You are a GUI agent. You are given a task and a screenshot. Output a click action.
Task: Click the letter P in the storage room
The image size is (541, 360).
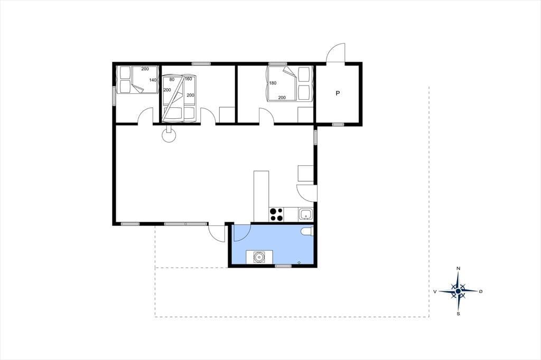click(x=338, y=93)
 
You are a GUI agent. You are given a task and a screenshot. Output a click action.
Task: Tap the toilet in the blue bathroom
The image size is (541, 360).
click(x=307, y=231)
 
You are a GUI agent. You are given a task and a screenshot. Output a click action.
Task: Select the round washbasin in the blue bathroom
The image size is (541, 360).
click(x=259, y=257)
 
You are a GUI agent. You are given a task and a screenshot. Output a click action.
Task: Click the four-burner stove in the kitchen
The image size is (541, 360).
click(x=276, y=214)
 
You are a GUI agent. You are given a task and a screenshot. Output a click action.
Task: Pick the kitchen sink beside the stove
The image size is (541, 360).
click(x=306, y=214)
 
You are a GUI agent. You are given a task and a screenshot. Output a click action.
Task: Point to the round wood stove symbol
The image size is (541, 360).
click(x=169, y=135)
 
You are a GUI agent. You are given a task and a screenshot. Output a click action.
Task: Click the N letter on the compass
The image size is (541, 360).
click(x=458, y=268)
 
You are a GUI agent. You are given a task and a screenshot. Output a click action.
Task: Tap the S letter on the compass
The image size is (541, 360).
click(x=458, y=314)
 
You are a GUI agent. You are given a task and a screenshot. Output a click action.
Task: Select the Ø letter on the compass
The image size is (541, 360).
click(x=481, y=291)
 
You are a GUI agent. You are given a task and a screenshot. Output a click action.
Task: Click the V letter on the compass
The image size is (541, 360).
click(x=435, y=291)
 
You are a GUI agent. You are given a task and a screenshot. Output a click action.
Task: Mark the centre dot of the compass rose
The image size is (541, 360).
click(x=458, y=291)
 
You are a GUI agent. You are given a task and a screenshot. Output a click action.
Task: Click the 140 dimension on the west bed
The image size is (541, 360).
click(x=153, y=80)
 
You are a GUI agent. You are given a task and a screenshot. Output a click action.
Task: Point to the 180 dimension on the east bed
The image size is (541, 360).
click(x=273, y=83)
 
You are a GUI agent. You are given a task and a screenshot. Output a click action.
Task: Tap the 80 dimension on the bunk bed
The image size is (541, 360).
click(x=172, y=79)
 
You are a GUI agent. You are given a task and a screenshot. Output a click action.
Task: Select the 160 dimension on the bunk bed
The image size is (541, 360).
click(x=189, y=79)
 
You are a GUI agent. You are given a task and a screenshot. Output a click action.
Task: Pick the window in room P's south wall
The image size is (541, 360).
click(x=338, y=124)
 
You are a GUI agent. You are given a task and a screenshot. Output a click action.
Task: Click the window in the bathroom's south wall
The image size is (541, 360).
click(x=283, y=266)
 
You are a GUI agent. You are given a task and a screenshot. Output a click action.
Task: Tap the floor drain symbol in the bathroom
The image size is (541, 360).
click(x=299, y=263)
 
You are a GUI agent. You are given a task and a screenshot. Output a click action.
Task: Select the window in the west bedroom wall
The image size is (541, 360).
click(x=114, y=96)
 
